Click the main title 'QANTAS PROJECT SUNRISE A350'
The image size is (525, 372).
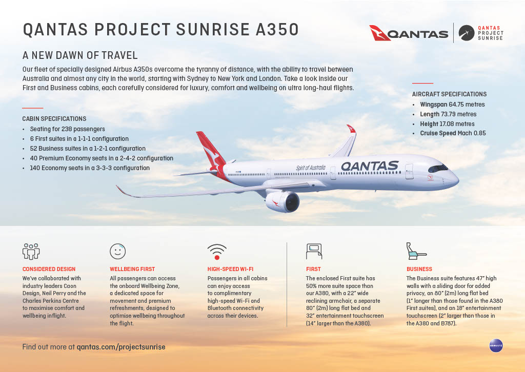(x=160, y=30)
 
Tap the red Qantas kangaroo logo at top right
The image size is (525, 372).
(x=380, y=33)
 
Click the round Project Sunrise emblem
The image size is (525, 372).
(x=466, y=33)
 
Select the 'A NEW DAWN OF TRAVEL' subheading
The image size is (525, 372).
(x=80, y=55)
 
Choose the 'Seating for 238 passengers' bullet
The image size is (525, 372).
(x=67, y=129)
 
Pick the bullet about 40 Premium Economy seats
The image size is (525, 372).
(x=102, y=158)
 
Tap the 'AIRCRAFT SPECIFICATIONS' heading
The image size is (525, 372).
(x=449, y=94)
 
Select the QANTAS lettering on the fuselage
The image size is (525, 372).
(x=370, y=166)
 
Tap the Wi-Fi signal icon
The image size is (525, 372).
(x=217, y=251)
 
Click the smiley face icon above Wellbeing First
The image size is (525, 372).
(x=118, y=251)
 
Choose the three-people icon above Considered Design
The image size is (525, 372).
(x=31, y=251)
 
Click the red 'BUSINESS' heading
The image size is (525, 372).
(x=419, y=269)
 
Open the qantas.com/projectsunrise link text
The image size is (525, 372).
(x=121, y=347)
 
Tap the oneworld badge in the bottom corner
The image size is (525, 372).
(x=495, y=345)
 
